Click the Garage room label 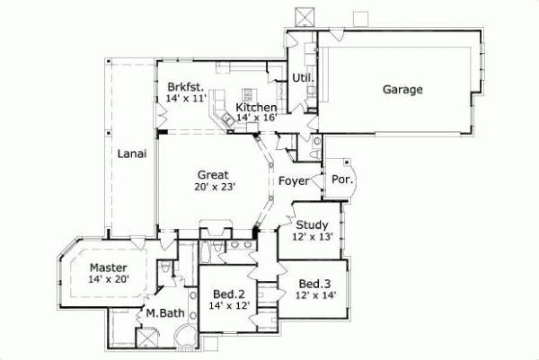click(402, 89)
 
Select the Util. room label click(301, 79)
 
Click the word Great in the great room click(213, 175)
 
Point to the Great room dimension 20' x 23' click(213, 188)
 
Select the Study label click(312, 224)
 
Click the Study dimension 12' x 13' click(312, 237)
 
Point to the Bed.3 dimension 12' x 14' click(316, 295)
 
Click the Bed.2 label click(228, 294)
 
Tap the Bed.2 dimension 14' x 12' click(228, 306)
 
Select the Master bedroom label click(108, 268)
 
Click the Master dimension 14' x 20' click(108, 280)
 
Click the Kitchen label click(255, 107)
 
